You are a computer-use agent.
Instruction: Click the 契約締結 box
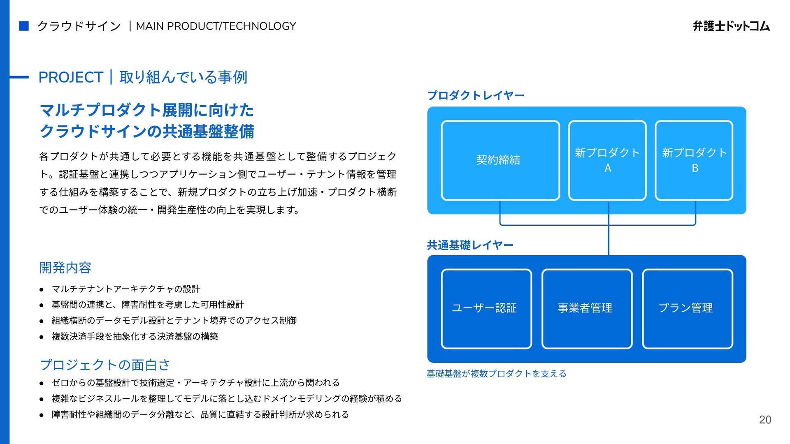(500, 160)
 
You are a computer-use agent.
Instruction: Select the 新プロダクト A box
(607, 160)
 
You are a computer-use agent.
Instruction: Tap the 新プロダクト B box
(694, 160)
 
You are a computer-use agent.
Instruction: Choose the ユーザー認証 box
(486, 309)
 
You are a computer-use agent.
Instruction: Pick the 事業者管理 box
(587, 309)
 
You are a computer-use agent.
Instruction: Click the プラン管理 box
(687, 309)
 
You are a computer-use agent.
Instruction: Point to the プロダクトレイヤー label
(476, 95)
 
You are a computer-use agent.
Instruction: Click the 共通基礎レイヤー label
(470, 245)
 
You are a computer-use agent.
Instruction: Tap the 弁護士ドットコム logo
(731, 26)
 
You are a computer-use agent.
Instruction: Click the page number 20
(765, 420)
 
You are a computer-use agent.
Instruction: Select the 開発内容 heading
(65, 268)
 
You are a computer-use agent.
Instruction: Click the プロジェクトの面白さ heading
(105, 365)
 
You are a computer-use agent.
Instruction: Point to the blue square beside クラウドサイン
(24, 26)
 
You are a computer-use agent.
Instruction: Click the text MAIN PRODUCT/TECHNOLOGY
(216, 26)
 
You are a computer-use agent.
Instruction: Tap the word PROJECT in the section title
(70, 77)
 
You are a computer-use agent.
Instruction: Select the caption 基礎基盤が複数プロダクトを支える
(496, 374)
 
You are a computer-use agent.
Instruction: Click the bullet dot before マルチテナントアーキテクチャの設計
(42, 289)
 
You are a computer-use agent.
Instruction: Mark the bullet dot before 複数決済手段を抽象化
(42, 337)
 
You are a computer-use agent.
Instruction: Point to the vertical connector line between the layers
(608, 240)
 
